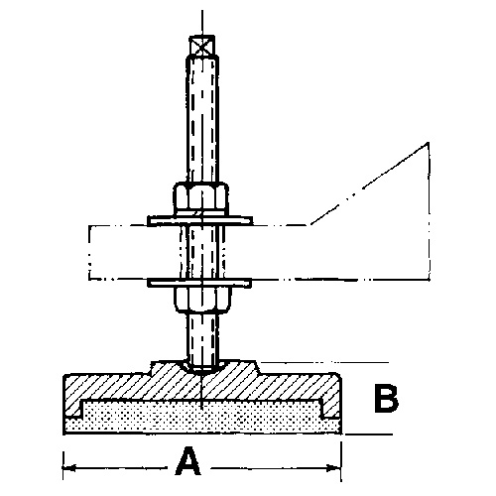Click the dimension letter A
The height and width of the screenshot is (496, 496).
tap(188, 460)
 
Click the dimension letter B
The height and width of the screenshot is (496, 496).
tap(386, 398)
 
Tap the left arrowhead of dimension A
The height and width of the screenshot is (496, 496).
tap(68, 467)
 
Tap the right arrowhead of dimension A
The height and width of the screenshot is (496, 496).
tap(334, 467)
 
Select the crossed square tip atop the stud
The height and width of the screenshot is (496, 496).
tap(202, 46)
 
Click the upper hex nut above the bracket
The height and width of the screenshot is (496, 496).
tap(200, 199)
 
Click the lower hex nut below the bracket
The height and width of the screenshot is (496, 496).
tap(202, 300)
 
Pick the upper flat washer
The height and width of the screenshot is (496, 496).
tap(200, 221)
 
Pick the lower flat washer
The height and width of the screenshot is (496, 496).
tap(199, 283)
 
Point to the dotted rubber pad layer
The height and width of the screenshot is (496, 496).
tap(202, 419)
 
